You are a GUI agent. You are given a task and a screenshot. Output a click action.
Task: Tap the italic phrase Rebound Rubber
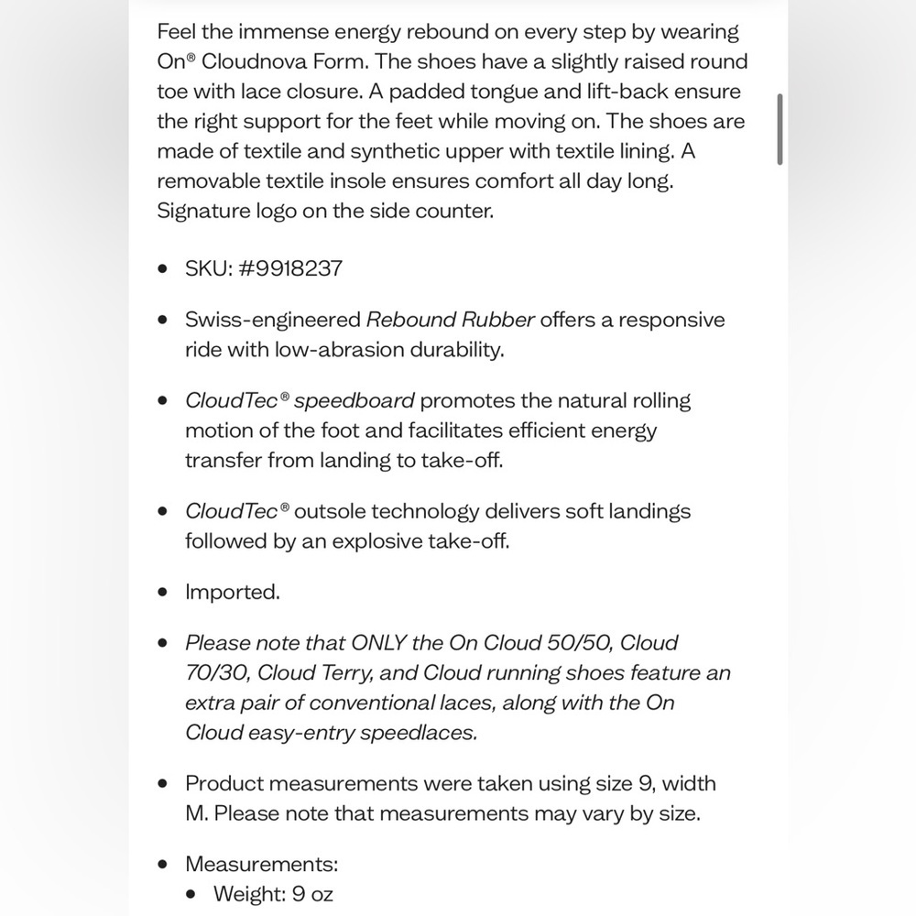tap(451, 320)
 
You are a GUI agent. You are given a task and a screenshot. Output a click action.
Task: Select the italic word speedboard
tap(354, 400)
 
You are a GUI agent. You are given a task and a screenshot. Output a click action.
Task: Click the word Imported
tap(233, 592)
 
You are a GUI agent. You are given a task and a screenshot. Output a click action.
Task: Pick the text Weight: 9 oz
tap(273, 894)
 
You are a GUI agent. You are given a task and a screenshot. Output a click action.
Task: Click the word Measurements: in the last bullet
tap(262, 864)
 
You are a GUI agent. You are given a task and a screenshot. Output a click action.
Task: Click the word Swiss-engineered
tap(273, 320)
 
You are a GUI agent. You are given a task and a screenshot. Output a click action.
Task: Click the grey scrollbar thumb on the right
tap(780, 128)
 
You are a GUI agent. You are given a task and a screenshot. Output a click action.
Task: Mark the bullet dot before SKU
tap(163, 268)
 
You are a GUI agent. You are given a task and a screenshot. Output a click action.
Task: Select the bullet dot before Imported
tap(163, 593)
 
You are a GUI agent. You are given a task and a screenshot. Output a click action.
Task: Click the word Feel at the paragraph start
tap(176, 32)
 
